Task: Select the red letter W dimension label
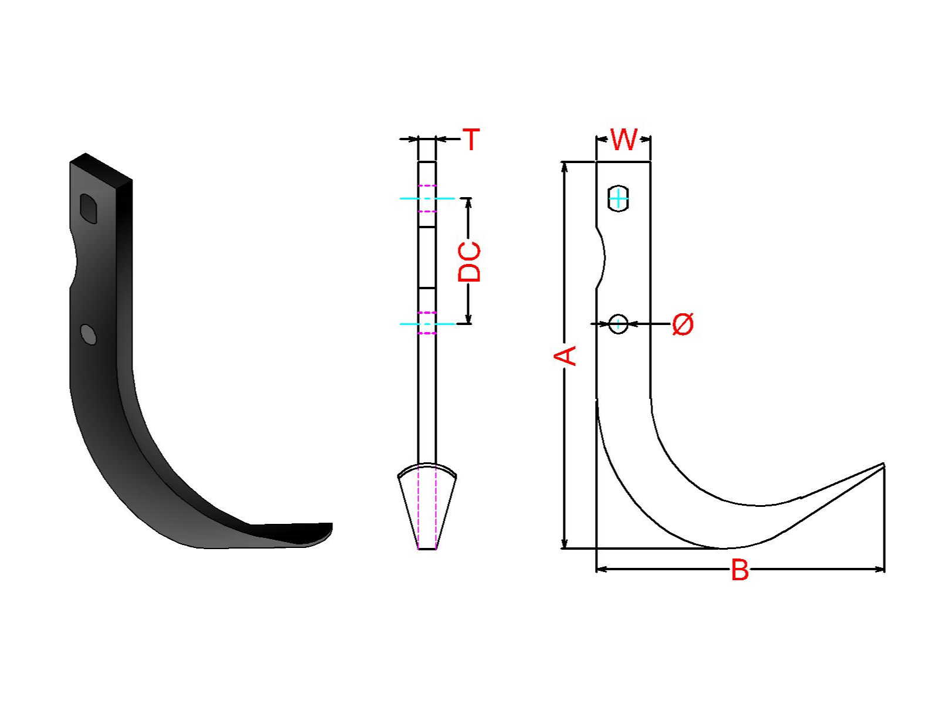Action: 624,139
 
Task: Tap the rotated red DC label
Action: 469,262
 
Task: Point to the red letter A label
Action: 565,356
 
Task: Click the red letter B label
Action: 740,570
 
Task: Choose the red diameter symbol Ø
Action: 682,324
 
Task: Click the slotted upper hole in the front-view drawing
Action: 618,198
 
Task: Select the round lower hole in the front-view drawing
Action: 618,324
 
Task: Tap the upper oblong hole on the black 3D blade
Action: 89,208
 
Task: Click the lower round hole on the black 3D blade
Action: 89,334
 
